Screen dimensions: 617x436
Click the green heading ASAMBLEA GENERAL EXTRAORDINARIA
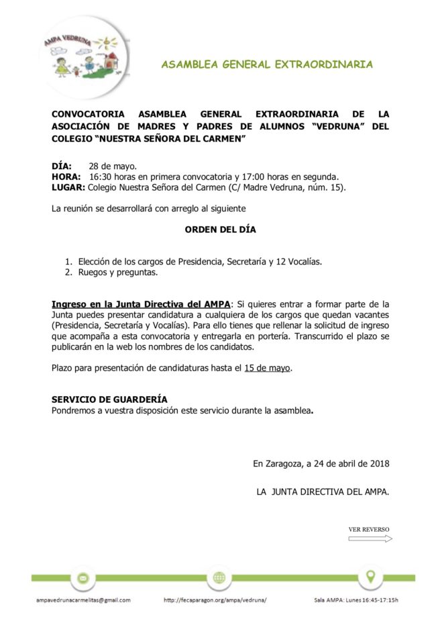coord(267,64)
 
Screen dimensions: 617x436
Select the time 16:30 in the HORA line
coord(101,177)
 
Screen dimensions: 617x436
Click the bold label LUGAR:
coord(68,187)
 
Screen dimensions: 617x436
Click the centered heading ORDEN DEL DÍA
coord(220,230)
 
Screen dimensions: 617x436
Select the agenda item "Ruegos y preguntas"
coord(118,273)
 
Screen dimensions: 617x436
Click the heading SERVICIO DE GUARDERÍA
coord(109,399)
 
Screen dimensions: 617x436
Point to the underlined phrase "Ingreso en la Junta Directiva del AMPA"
coord(141,304)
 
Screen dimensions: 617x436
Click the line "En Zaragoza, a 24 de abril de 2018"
coord(321,463)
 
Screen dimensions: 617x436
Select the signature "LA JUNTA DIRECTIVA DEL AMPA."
coord(323,491)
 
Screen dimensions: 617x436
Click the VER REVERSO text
coord(369,529)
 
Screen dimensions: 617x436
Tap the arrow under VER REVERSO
coord(370,538)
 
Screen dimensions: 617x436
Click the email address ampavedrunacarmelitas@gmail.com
coord(83,600)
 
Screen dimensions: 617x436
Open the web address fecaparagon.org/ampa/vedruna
coord(215,600)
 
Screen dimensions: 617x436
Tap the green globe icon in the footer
coord(219,577)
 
